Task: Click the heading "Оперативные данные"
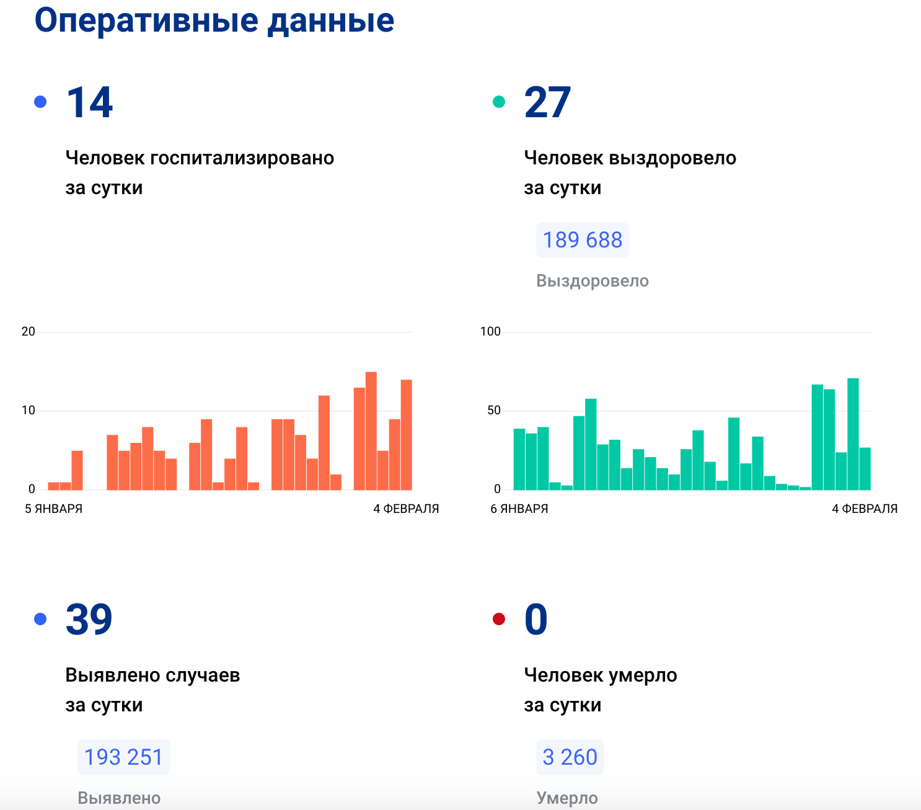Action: (x=214, y=21)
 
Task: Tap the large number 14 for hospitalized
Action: (x=90, y=103)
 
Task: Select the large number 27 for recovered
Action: (x=547, y=103)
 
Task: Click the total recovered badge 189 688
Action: (x=583, y=240)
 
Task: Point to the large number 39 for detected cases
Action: (x=89, y=620)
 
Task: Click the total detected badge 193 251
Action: (x=123, y=757)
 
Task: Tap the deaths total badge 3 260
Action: (x=570, y=757)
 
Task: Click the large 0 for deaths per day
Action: (x=536, y=620)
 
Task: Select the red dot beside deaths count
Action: (x=499, y=619)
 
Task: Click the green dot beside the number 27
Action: (x=499, y=102)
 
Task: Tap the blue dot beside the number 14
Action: (x=40, y=102)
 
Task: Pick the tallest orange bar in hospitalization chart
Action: (x=371, y=431)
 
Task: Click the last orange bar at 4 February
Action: (x=407, y=435)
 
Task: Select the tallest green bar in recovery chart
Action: (x=853, y=434)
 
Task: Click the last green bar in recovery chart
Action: (x=865, y=468)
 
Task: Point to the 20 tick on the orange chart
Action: (x=29, y=332)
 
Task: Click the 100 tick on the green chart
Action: (x=490, y=332)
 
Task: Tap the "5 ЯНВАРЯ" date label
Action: (x=54, y=509)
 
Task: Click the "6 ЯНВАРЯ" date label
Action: (x=519, y=509)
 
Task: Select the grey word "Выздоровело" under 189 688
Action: (x=593, y=281)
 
